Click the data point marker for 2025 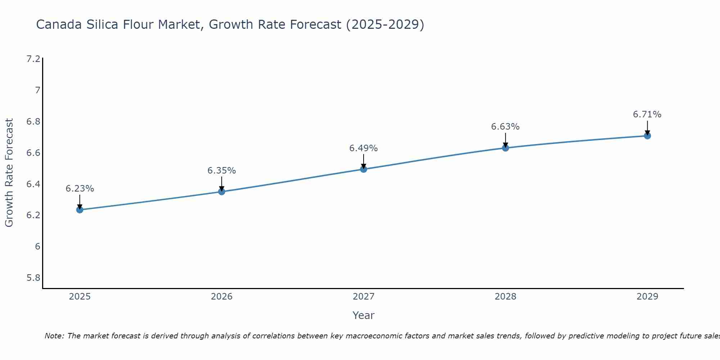80,210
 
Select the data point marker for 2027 364,169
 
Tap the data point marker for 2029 647,136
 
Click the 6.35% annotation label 222,171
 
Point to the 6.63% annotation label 505,127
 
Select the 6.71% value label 647,114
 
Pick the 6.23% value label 80,189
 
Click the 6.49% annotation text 364,148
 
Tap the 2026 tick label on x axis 222,297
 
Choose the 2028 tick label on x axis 505,297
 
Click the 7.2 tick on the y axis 33,59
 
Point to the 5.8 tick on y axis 33,278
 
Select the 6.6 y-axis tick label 33,153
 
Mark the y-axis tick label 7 37,90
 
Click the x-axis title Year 364,315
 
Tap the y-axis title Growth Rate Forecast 9,173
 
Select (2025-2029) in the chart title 385,25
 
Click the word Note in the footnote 54,336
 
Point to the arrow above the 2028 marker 505,140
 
